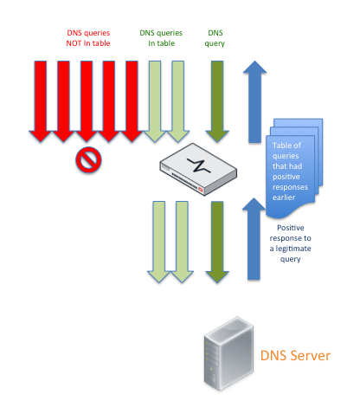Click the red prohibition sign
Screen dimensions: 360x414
(88, 159)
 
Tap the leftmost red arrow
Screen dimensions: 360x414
(41, 101)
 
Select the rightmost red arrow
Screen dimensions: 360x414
(132, 101)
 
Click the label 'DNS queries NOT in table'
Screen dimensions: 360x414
(88, 38)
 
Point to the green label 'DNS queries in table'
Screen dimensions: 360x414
(161, 38)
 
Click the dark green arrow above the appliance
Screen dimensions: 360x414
(217, 101)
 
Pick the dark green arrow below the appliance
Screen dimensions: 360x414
(217, 242)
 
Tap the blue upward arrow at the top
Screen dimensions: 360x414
(254, 101)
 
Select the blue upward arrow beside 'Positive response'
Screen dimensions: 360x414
(254, 239)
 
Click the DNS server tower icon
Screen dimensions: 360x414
(228, 353)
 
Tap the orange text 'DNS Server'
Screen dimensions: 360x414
(295, 356)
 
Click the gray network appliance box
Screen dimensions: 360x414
(198, 170)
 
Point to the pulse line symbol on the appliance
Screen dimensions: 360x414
(199, 165)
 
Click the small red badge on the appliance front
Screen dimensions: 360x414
(201, 190)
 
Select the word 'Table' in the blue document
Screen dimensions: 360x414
(280, 146)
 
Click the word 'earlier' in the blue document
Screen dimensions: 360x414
(284, 197)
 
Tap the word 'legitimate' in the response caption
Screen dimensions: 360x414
(293, 249)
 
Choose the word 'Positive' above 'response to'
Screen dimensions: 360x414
(291, 228)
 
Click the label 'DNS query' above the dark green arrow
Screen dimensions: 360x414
(215, 38)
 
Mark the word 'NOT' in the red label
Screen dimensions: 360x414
(74, 43)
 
